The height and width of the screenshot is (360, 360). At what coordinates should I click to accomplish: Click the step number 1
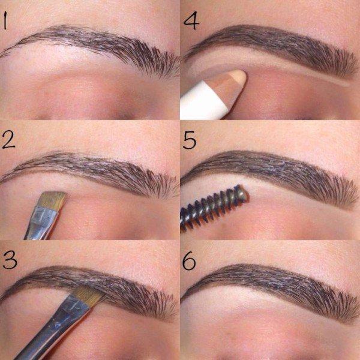point(4,21)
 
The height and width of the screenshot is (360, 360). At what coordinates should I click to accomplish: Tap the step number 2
point(8,139)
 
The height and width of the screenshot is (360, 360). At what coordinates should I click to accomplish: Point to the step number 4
point(191,20)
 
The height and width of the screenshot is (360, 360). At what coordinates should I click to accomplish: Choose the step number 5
point(190,140)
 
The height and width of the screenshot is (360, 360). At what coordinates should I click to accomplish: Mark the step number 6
point(189,261)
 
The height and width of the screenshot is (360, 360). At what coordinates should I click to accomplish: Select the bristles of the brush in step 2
point(53,199)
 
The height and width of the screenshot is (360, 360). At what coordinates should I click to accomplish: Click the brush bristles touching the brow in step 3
point(88,296)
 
